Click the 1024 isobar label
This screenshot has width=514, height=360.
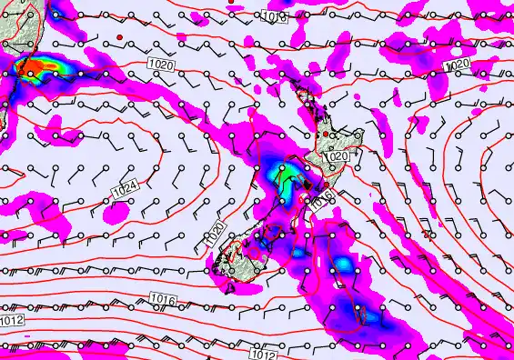pos(127,191)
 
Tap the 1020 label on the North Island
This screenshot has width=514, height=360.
pos(336,156)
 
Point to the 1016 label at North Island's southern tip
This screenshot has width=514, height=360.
pos(321,201)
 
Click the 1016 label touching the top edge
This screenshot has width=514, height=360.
pos(276,16)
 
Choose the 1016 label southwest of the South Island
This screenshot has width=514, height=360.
pos(162,300)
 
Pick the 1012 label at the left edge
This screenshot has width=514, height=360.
pos(12,321)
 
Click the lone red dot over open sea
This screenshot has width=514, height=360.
pos(119,36)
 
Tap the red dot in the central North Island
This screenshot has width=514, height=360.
pos(325,135)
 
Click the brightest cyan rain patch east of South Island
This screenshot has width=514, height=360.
pos(344,265)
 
